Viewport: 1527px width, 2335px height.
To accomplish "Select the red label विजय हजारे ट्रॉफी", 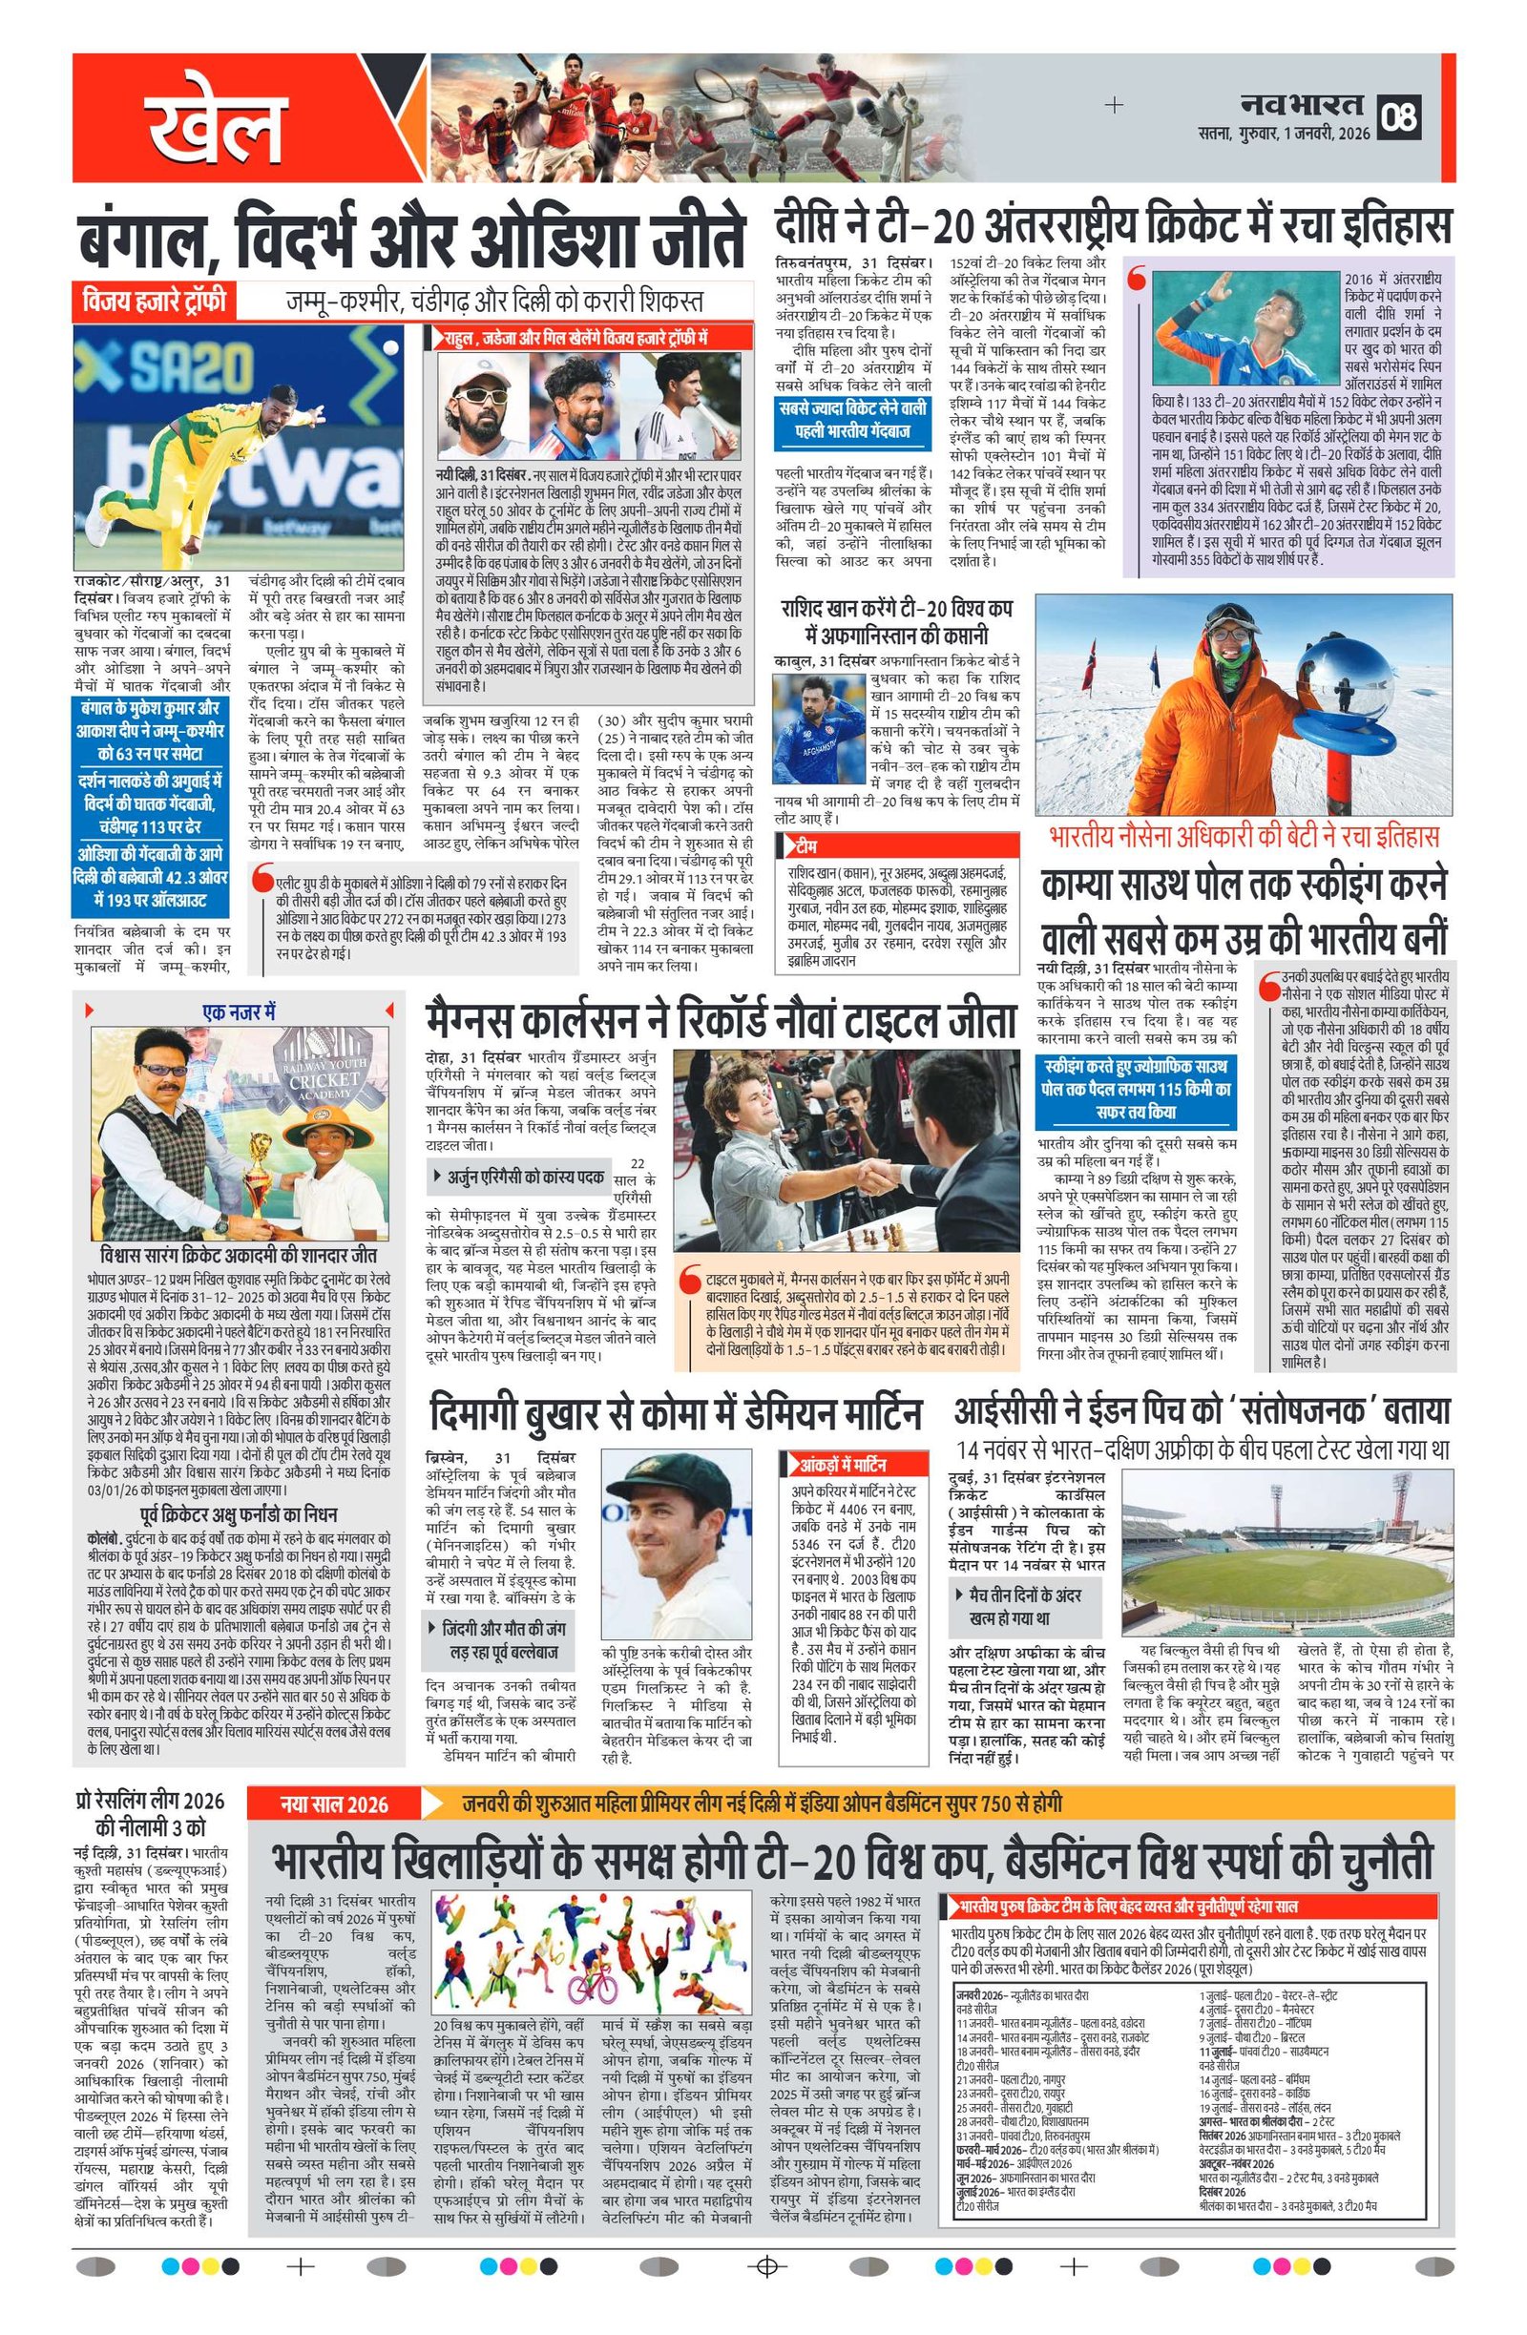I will coord(154,301).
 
